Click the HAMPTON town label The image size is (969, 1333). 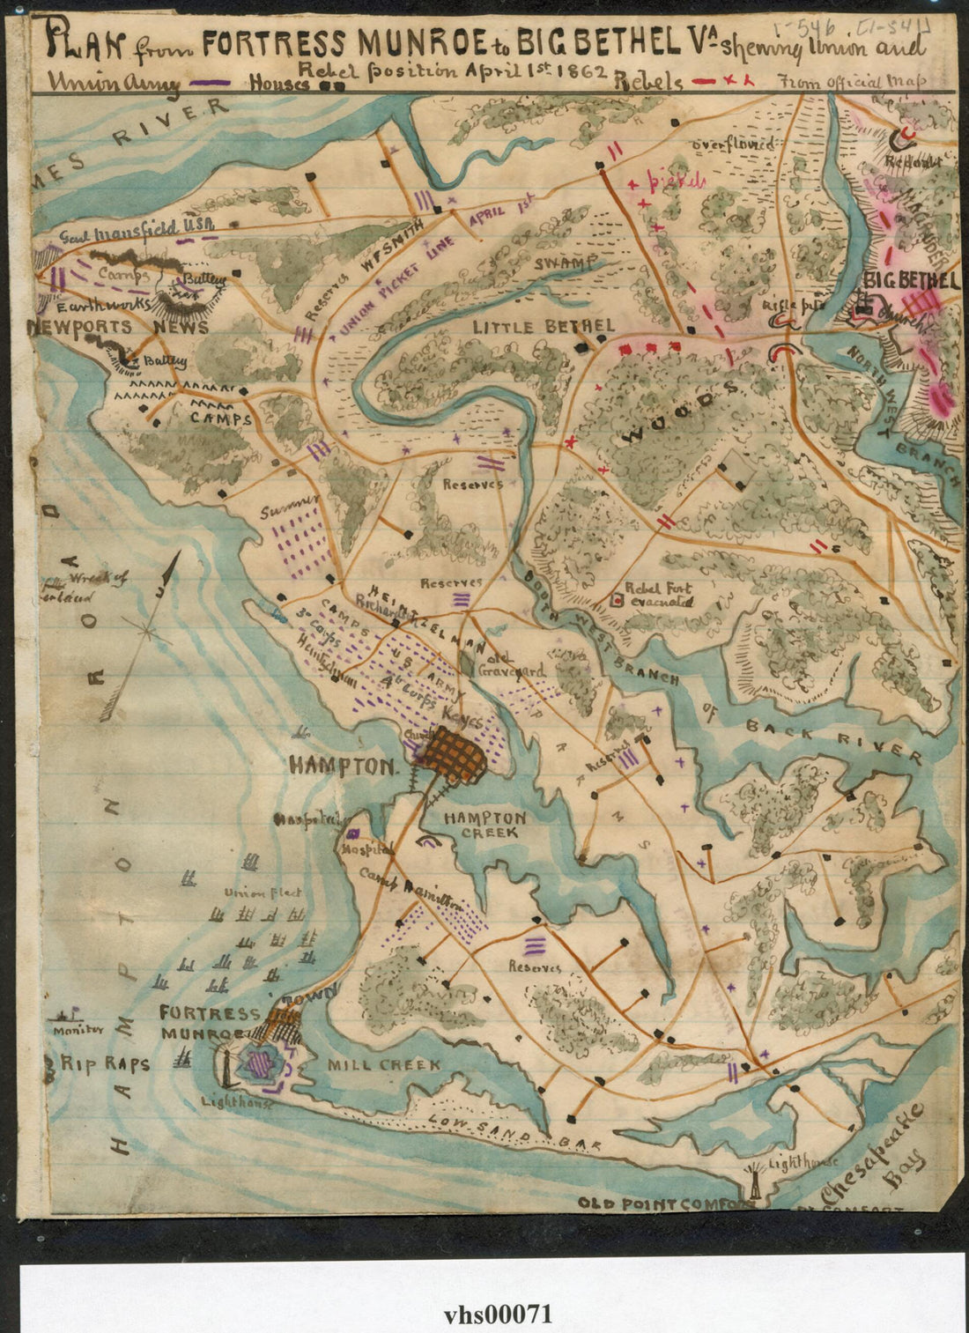[342, 766]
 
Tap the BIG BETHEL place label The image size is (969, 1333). [911, 281]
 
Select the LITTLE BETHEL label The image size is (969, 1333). [543, 327]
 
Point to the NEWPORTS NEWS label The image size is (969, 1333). [117, 327]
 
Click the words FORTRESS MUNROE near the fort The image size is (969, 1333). [210, 1024]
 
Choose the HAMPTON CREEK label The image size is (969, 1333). [484, 825]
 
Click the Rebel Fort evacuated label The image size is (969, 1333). [658, 595]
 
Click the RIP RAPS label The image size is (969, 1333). [105, 1063]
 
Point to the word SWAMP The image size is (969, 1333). [565, 262]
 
